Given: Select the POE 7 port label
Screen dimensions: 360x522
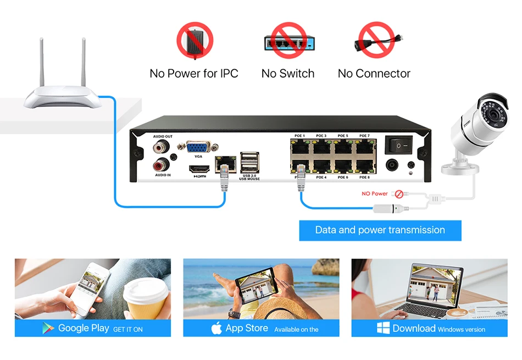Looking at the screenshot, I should (x=364, y=136).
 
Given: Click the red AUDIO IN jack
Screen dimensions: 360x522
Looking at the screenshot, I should (x=162, y=164).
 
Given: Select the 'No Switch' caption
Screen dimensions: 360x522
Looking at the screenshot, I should (x=288, y=74).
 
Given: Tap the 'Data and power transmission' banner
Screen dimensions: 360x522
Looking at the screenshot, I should (x=380, y=230).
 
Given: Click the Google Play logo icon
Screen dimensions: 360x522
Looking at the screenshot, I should (x=49, y=329).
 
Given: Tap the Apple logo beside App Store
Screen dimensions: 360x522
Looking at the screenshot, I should (x=216, y=329).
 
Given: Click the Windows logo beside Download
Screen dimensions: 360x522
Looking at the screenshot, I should (x=383, y=329).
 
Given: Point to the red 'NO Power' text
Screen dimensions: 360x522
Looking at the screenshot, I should (x=375, y=194).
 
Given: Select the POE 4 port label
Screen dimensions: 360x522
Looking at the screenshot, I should (x=321, y=178).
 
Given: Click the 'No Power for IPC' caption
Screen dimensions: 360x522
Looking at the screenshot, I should (x=194, y=74).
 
